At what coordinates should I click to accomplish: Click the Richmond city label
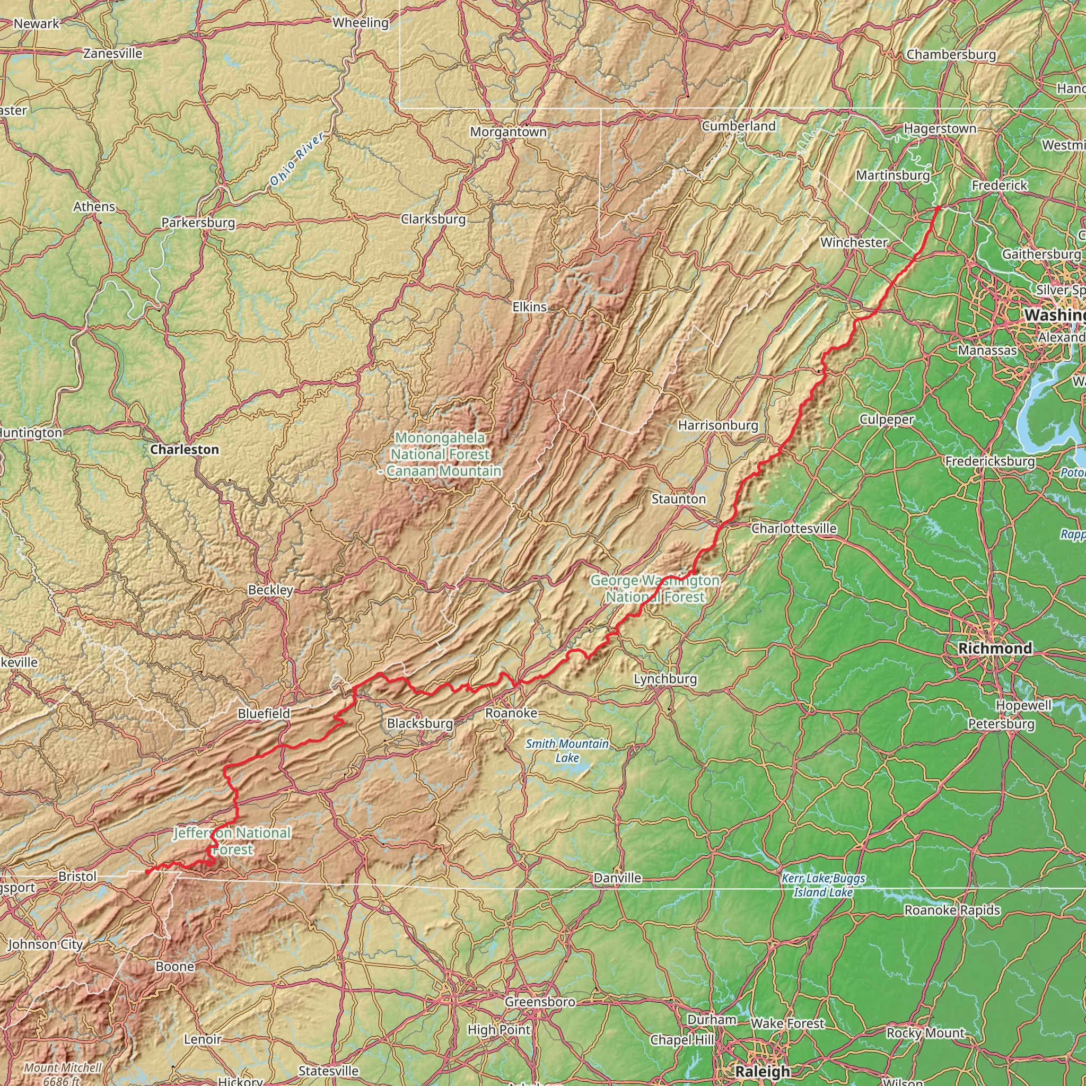pyautogui.click(x=995, y=648)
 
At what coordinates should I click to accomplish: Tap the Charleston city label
pyautogui.click(x=185, y=450)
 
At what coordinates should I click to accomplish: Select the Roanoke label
pyautogui.click(x=511, y=713)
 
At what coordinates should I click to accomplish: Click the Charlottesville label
pyautogui.click(x=794, y=528)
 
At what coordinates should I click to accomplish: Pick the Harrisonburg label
pyautogui.click(x=718, y=425)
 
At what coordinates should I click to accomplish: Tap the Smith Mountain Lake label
pyautogui.click(x=567, y=750)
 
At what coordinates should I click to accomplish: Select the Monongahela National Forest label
pyautogui.click(x=440, y=454)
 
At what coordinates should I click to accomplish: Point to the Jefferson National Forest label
pyautogui.click(x=232, y=841)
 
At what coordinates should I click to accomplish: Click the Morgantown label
pyautogui.click(x=508, y=132)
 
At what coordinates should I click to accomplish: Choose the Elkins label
pyautogui.click(x=530, y=307)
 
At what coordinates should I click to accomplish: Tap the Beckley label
pyautogui.click(x=270, y=590)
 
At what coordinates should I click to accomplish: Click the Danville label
pyautogui.click(x=617, y=878)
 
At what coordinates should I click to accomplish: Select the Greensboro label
pyautogui.click(x=540, y=1002)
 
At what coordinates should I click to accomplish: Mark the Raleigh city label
pyautogui.click(x=762, y=1071)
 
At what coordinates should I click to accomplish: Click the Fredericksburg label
pyautogui.click(x=989, y=461)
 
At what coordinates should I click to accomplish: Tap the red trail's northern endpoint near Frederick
pyautogui.click(x=938, y=208)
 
